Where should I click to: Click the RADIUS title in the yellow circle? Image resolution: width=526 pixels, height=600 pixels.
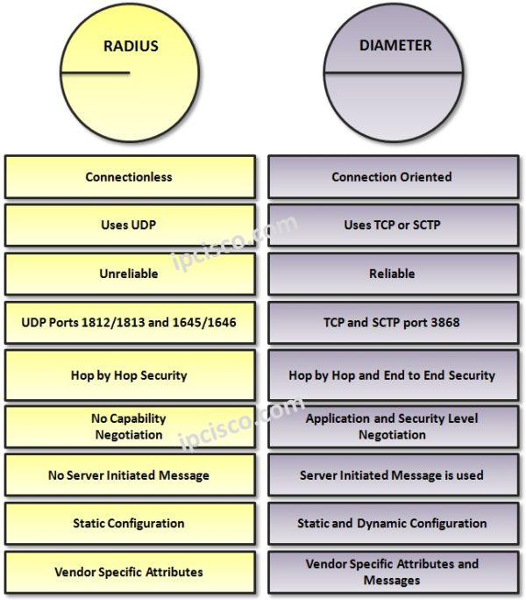(x=131, y=46)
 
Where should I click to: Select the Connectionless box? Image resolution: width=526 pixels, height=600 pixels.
(x=130, y=177)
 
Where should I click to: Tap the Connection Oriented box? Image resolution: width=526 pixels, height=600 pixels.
(x=392, y=177)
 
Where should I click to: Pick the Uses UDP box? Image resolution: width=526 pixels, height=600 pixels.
(x=130, y=225)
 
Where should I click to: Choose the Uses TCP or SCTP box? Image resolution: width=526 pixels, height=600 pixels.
(x=392, y=225)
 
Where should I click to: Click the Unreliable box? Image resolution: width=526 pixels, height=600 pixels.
(x=130, y=274)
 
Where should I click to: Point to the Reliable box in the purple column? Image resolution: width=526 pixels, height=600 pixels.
(x=392, y=274)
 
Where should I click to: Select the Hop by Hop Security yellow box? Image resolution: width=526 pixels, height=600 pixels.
(x=130, y=375)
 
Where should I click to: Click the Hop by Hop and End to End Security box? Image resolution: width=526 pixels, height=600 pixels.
(x=392, y=375)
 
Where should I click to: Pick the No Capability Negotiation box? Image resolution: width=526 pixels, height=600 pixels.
(x=130, y=426)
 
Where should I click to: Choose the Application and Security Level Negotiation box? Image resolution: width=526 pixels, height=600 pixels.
(x=392, y=426)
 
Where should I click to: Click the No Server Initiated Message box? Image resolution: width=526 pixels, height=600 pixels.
(x=130, y=475)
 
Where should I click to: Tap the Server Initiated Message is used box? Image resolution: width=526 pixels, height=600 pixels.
(x=392, y=475)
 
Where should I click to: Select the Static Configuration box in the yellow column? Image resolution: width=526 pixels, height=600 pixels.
(x=130, y=524)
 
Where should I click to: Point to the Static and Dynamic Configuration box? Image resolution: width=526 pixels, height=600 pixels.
(x=392, y=524)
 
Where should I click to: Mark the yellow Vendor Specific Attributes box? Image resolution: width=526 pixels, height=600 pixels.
(x=130, y=572)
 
